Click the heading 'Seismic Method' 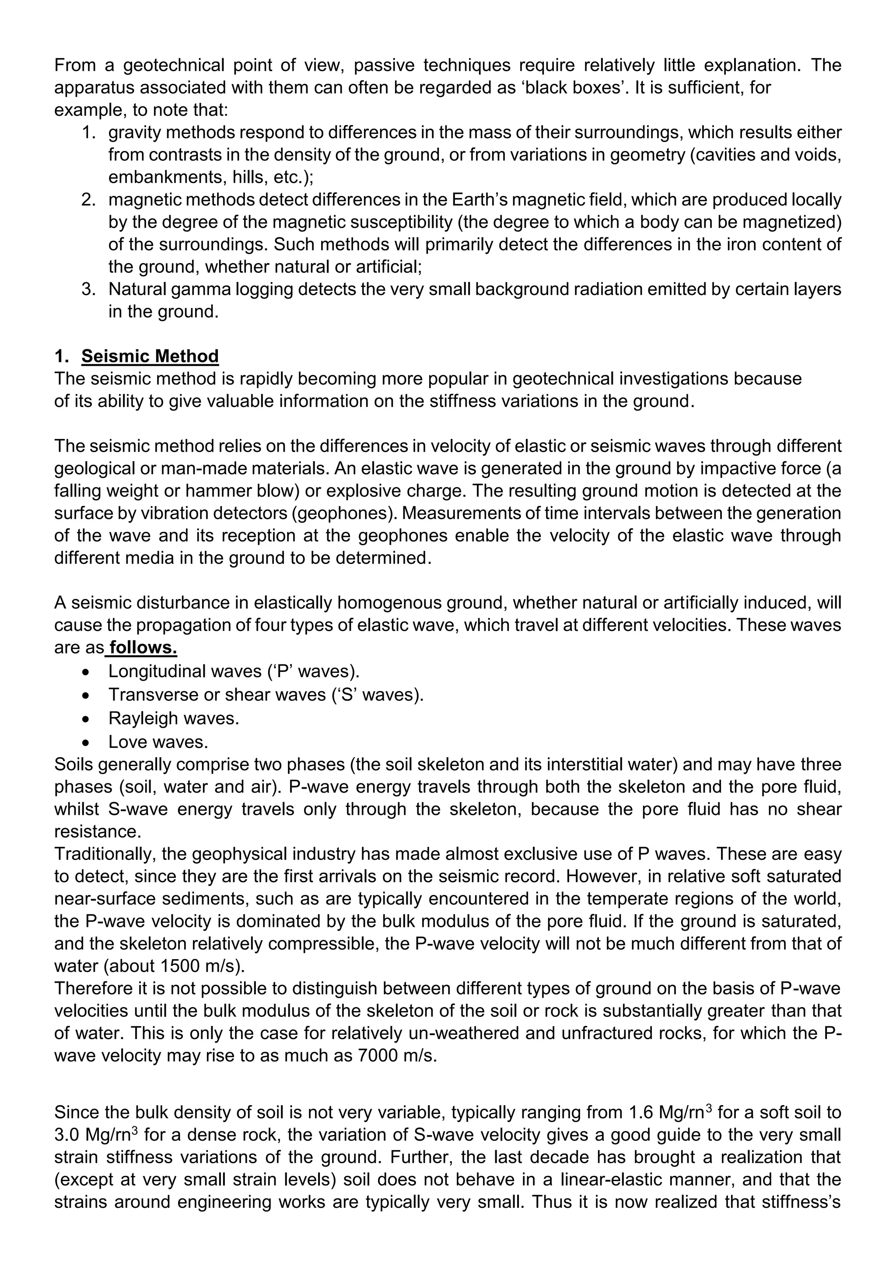coord(150,356)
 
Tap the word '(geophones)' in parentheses coord(344,513)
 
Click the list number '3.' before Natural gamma coord(89,289)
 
